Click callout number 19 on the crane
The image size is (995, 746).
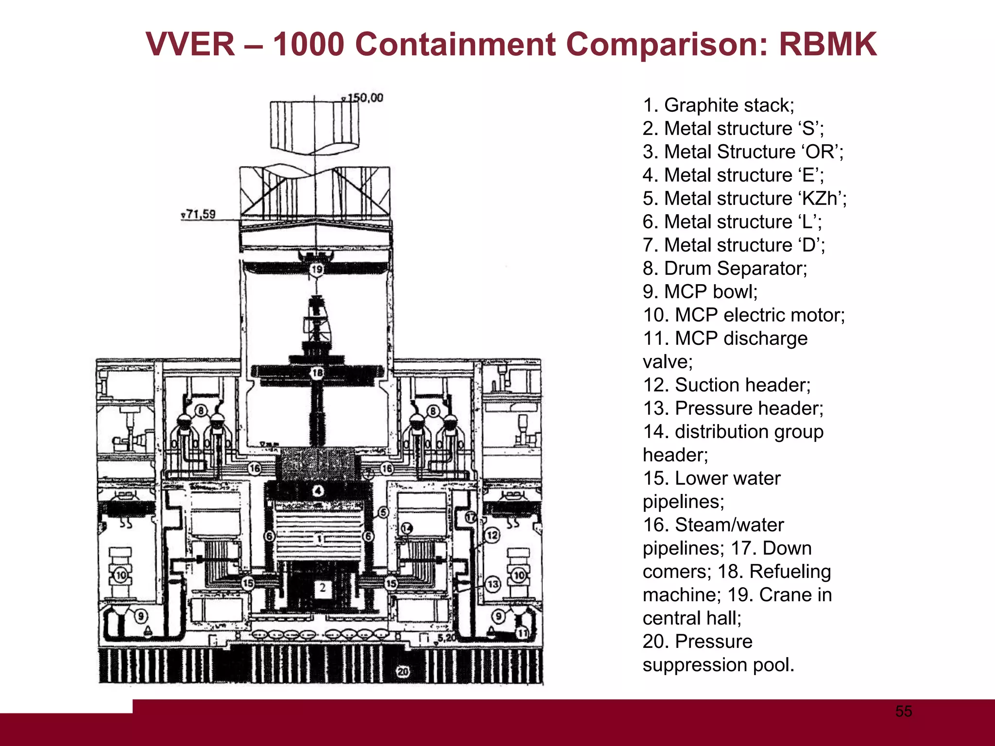coord(316,269)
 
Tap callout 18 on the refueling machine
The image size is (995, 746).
coord(317,373)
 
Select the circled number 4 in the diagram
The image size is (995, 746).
coord(318,491)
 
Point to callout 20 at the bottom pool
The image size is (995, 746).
coord(403,672)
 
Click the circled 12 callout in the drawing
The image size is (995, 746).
coord(492,535)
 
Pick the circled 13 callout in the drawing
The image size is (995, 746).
coord(493,584)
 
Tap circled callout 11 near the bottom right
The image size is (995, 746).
coord(522,633)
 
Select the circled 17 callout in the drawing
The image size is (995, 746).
coord(470,517)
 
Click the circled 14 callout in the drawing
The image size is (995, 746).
coord(407,528)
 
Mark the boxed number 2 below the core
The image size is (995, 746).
coord(323,588)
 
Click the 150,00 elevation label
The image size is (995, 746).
coord(365,98)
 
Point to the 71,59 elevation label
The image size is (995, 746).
coord(201,214)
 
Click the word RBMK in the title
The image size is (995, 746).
coord(827,45)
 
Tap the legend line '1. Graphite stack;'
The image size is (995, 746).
coord(718,105)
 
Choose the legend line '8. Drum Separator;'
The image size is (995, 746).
coord(724,269)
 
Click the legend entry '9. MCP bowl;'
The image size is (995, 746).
coord(700,292)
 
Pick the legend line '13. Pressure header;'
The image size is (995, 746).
coord(733,408)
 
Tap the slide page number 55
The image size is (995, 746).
coord(904,712)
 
